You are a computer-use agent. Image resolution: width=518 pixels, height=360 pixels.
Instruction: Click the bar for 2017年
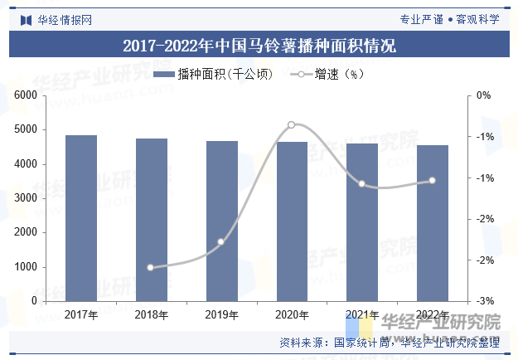click(81, 218)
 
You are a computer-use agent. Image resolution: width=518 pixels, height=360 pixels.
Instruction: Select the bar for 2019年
click(222, 221)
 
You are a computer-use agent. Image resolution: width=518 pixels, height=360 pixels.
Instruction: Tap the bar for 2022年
click(433, 223)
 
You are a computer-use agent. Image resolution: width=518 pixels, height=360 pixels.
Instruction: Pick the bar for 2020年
click(292, 221)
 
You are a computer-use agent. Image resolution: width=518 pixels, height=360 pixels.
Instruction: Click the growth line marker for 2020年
click(292, 124)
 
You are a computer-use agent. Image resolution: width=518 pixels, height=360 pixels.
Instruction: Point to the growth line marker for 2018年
click(151, 267)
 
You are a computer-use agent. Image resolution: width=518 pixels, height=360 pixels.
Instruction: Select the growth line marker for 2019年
click(221, 242)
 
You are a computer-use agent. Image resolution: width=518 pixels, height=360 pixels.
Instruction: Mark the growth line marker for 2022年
click(432, 181)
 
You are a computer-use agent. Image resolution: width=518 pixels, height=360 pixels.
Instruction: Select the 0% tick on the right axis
click(483, 95)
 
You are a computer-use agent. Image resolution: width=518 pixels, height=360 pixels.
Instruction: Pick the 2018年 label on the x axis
click(152, 315)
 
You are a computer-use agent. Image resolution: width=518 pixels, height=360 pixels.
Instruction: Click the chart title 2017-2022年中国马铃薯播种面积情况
click(259, 46)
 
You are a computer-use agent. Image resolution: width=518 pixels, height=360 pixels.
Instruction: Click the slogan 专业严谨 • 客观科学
click(449, 18)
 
